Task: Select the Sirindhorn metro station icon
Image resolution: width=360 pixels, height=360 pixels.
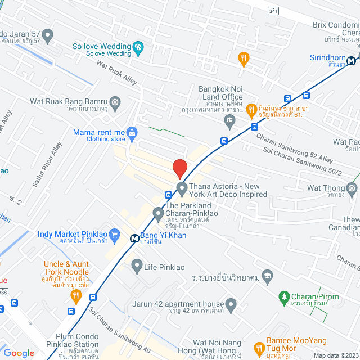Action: pos(352,61)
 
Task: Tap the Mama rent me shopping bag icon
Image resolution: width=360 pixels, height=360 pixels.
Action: pos(132,133)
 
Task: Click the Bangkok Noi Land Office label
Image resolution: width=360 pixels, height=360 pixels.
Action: pos(220,93)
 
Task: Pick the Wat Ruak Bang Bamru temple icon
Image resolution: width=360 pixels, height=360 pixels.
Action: pos(116,102)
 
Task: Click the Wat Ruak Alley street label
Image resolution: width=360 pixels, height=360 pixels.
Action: pos(116,74)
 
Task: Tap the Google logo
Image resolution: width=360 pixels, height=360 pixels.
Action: pos(19,353)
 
